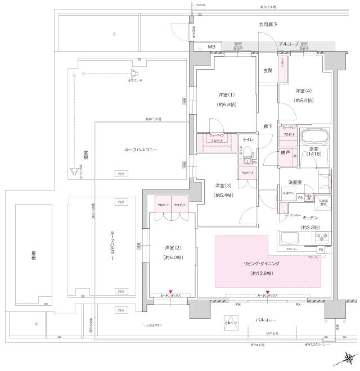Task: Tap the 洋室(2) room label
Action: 173,247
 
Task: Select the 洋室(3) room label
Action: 223,185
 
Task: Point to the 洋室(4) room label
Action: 304,91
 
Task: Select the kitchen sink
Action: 289,237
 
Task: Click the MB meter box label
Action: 212,47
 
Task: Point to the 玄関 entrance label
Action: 268,70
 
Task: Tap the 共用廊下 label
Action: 268,25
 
